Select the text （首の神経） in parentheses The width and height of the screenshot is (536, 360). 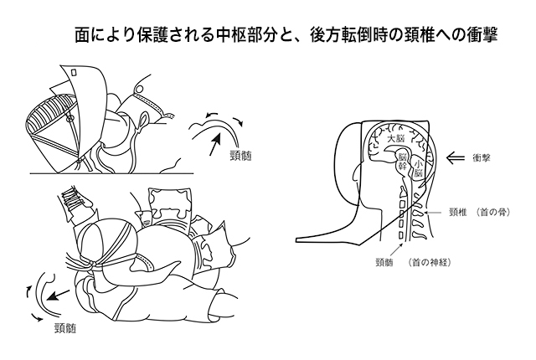pyautogui.click(x=434, y=261)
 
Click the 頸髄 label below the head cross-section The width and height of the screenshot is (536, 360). pyautogui.click(x=386, y=261)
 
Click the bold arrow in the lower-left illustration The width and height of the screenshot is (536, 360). pyautogui.click(x=58, y=296)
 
